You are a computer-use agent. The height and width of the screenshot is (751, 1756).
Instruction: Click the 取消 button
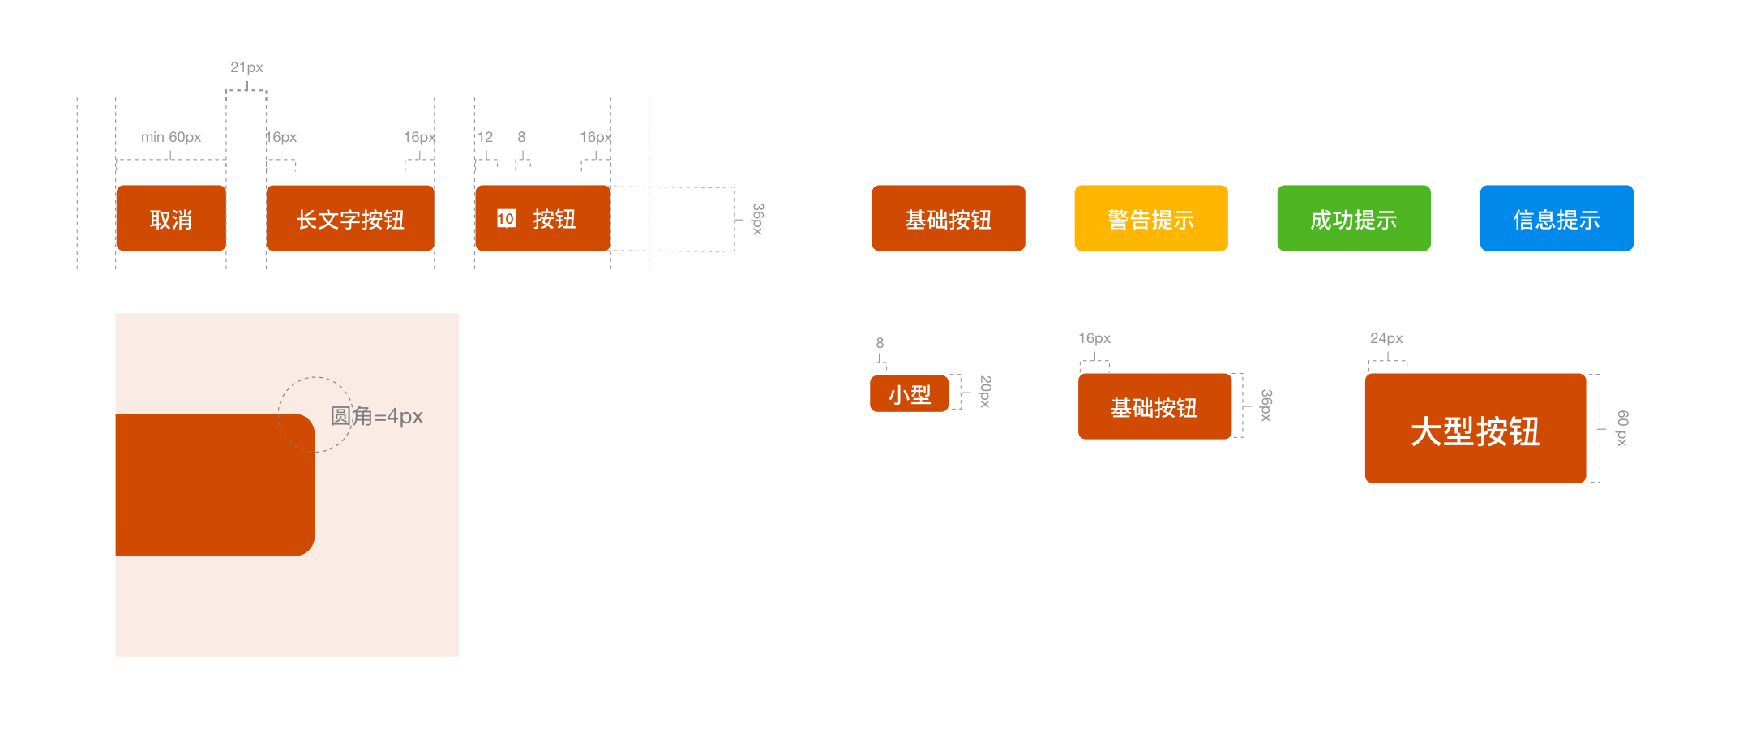171,218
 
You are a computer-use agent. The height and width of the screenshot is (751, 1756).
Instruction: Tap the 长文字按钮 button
350,218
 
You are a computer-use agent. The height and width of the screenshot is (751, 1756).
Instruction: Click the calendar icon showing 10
506,218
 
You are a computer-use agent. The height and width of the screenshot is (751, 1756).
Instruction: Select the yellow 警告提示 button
1150,218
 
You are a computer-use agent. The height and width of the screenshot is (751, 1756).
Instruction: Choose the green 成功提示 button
1353,218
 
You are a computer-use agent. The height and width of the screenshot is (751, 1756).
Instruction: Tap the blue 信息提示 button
1556,218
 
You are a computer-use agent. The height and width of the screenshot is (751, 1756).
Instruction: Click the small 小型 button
909,394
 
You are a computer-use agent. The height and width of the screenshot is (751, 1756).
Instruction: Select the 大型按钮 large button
1475,428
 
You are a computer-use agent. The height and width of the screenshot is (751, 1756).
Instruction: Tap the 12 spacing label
485,137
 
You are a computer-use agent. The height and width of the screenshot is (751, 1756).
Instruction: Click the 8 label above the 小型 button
880,343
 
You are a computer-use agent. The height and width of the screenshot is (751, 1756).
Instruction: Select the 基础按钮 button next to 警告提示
948,218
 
